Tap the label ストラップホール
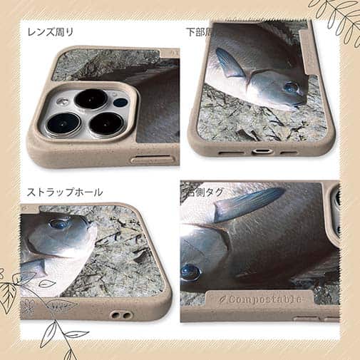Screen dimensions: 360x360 point(65,192)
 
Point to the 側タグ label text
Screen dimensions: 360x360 point(205,192)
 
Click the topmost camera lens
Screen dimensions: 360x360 point(91,98)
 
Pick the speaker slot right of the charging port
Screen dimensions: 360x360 point(289,152)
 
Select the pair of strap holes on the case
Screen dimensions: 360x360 point(122,314)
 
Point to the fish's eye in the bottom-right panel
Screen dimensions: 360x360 point(190,272)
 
